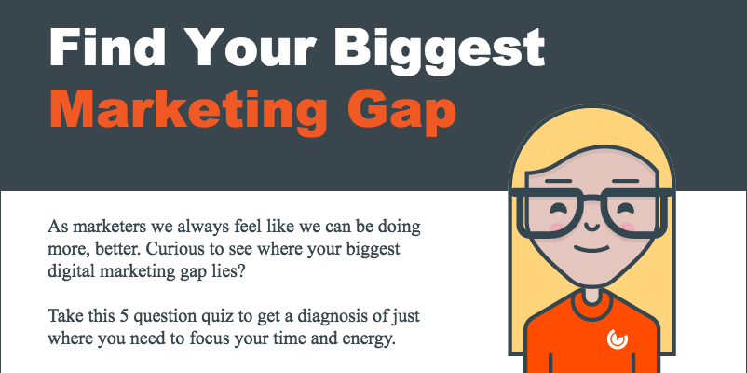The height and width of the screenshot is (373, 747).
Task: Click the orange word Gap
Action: pyautogui.click(x=402, y=112)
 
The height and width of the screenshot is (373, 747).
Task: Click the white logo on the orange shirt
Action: pyautogui.click(x=618, y=338)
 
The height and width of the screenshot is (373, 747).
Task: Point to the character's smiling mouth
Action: pyautogui.click(x=591, y=250)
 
